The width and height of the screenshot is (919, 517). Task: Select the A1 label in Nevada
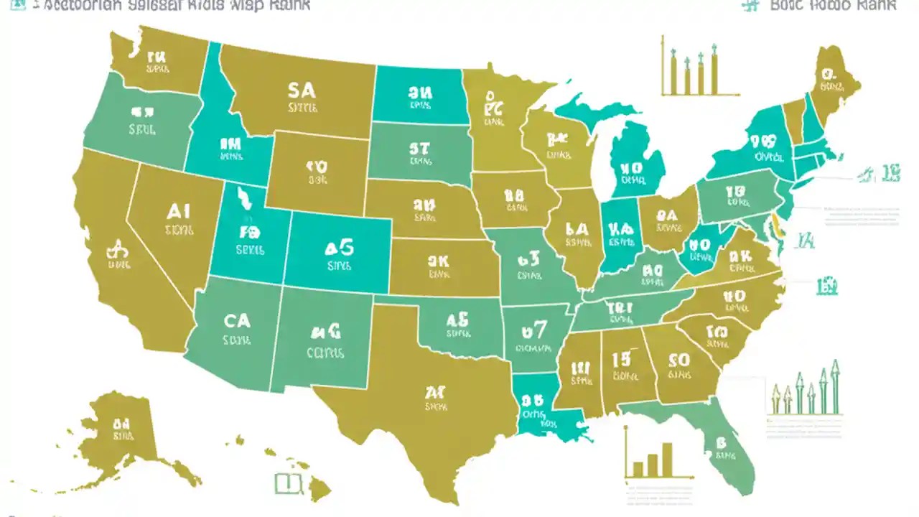pyautogui.click(x=177, y=210)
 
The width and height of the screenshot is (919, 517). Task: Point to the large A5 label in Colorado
pyautogui.click(x=339, y=248)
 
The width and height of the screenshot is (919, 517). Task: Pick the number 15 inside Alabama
pyautogui.click(x=621, y=357)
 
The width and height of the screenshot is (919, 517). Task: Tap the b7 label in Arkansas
pyautogui.click(x=534, y=330)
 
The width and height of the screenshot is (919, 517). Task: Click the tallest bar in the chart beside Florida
pyautogui.click(x=667, y=460)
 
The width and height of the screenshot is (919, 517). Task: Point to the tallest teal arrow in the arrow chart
pyautogui.click(x=835, y=388)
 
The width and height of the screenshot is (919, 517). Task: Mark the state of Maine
pyautogui.click(x=834, y=83)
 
